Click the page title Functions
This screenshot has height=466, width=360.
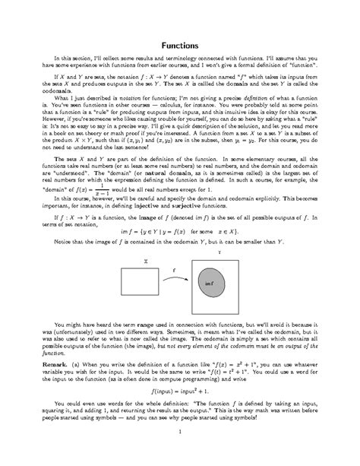coord(180,46)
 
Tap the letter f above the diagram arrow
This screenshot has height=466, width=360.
coord(174,269)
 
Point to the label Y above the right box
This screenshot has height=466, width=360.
coord(219,250)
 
